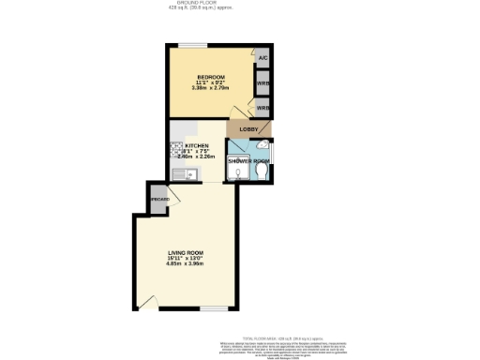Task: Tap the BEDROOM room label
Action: [210, 76]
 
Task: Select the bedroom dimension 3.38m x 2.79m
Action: [210, 88]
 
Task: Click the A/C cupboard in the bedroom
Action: [263, 58]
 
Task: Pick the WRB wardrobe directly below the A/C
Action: [263, 82]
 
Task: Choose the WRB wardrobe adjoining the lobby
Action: [263, 108]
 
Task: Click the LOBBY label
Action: [248, 128]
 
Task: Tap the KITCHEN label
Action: [197, 146]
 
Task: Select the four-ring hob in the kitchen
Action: [175, 148]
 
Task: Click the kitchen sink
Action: [177, 174]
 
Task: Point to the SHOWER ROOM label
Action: [248, 161]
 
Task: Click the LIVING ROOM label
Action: [185, 252]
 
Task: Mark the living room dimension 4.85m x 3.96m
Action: [185, 263]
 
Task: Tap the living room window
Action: [215, 308]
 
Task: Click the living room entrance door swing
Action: [146, 302]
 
